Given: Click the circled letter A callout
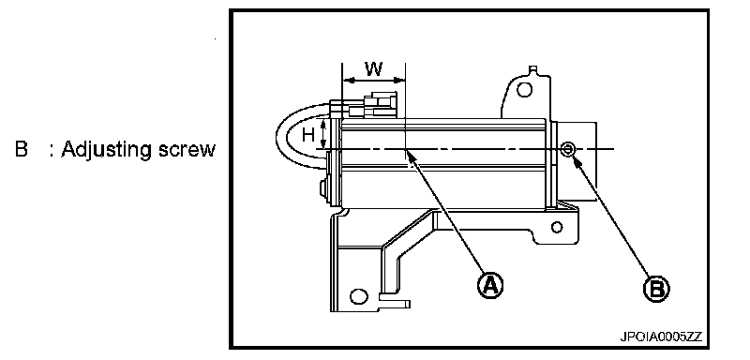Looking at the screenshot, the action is tap(490, 285).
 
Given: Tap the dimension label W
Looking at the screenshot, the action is tap(374, 68).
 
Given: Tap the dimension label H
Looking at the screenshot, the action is tap(309, 135).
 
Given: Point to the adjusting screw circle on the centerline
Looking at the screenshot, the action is tap(568, 150).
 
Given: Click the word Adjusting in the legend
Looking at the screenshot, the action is tap(107, 151).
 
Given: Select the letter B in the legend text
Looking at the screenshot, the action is tap(22, 149).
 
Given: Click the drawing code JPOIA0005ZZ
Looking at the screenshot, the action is tap(661, 337).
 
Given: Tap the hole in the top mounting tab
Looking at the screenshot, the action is tap(525, 89).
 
